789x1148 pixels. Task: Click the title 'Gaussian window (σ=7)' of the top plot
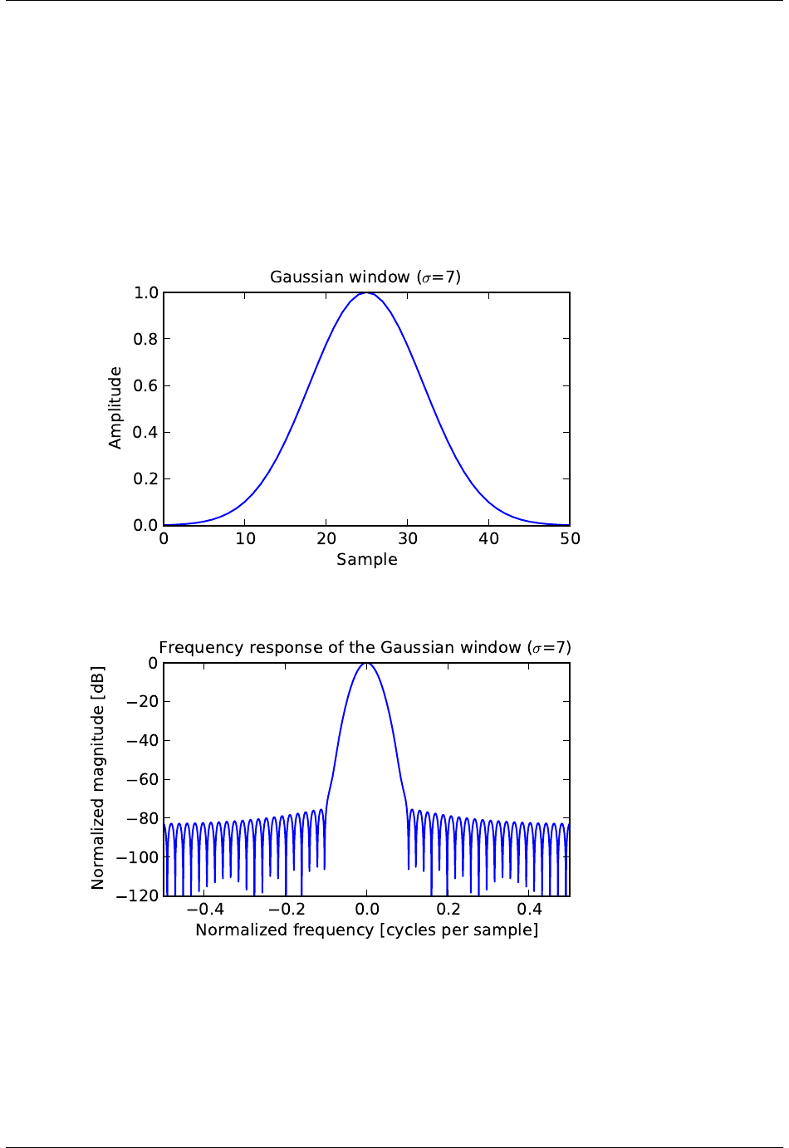point(365,277)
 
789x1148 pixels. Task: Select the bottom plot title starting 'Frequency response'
point(365,647)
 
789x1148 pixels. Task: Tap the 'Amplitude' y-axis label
point(115,408)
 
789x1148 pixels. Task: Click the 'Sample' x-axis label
point(366,559)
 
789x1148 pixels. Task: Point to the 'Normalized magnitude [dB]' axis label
point(98,778)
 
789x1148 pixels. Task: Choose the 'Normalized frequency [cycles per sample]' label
point(366,930)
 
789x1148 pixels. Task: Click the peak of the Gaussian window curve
point(367,293)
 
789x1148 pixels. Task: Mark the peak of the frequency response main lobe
point(366,664)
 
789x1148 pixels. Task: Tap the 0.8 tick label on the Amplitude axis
point(145,339)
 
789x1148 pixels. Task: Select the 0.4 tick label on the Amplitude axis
point(145,432)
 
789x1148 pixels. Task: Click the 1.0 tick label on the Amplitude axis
point(145,292)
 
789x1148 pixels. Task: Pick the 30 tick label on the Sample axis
point(408,538)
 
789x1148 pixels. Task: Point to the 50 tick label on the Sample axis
point(570,538)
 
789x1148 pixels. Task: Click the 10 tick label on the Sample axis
point(245,538)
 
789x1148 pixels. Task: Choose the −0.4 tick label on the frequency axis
point(204,909)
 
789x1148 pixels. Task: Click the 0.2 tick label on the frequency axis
point(448,909)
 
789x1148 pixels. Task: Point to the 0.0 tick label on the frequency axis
point(367,909)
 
